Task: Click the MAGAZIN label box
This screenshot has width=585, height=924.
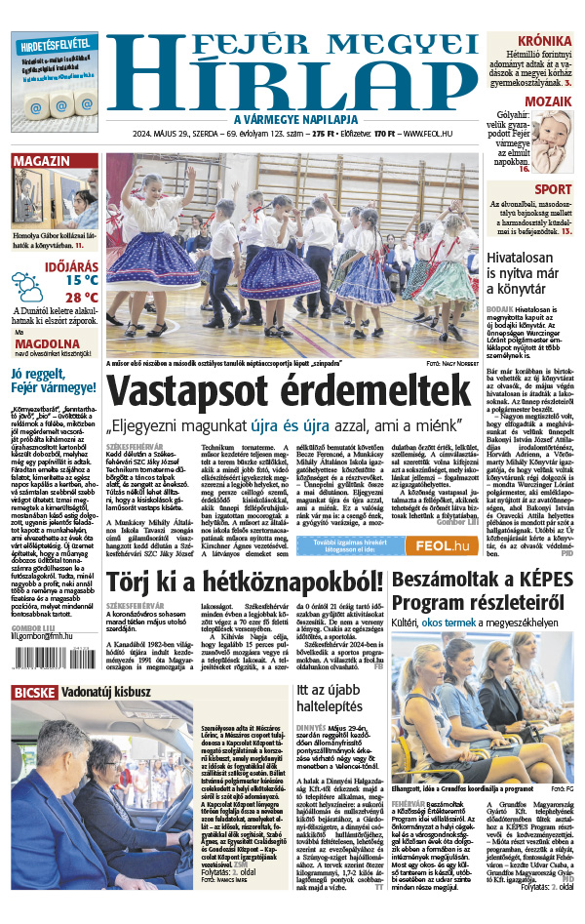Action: tap(42, 160)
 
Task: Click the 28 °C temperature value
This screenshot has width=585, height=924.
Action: tap(82, 298)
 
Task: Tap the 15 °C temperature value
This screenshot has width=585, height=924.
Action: tap(82, 280)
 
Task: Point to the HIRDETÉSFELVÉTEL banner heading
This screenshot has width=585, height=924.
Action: tap(54, 43)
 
